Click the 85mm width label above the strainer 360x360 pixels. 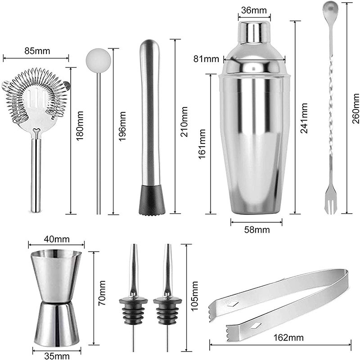[36, 50]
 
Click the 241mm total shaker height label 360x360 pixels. [305, 116]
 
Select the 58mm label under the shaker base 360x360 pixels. [256, 230]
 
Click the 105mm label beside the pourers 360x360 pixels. [194, 294]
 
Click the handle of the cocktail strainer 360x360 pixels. [36, 175]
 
